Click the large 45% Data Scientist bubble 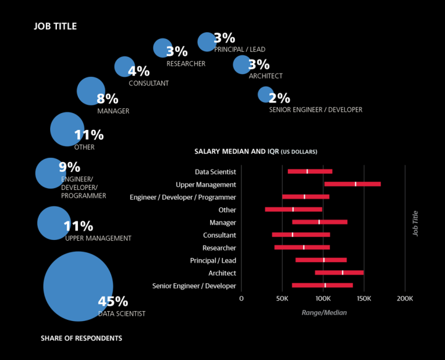(x=78, y=286)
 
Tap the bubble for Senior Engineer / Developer (x=265, y=94)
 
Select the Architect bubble (x=242, y=64)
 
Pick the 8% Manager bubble (x=91, y=92)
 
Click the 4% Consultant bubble (x=124, y=67)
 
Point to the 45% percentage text (x=113, y=302)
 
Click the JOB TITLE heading (x=55, y=27)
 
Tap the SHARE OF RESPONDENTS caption (x=81, y=338)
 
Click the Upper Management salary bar (x=352, y=184)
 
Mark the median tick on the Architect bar (x=342, y=273)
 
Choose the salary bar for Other (x=294, y=210)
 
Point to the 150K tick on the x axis (x=364, y=298)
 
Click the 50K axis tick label (x=282, y=298)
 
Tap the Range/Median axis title (x=324, y=313)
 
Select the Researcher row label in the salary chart (x=219, y=247)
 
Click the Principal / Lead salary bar (x=321, y=260)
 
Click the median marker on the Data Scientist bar (x=307, y=171)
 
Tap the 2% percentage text (x=279, y=98)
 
